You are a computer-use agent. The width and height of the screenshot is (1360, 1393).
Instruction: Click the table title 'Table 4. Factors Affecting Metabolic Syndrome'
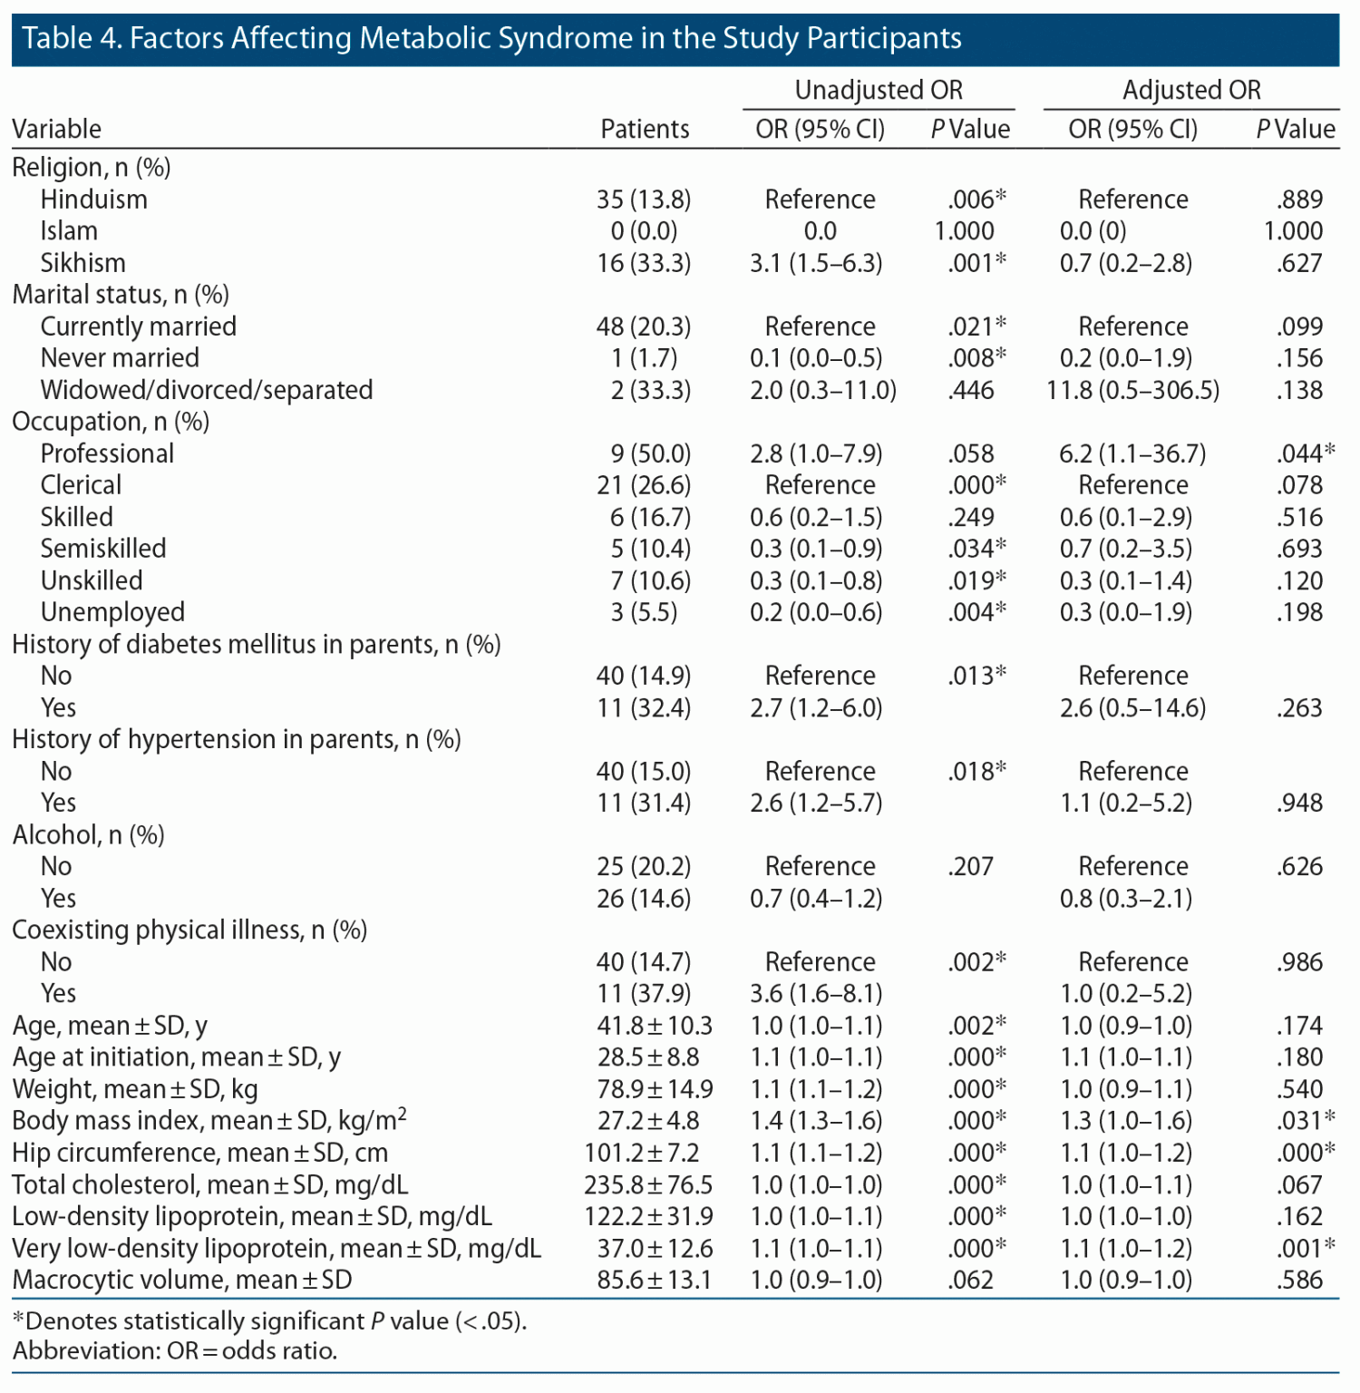coord(491,38)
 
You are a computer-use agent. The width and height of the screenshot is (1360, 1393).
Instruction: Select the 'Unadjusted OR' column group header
coord(878,90)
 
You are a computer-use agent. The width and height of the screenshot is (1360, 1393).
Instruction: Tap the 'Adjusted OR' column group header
coord(1190,90)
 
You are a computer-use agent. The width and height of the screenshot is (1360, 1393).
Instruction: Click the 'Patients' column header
coord(645,129)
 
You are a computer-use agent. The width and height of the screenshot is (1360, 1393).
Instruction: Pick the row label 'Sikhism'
coord(83,263)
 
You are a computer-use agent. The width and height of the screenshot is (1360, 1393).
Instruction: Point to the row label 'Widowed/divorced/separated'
coord(207,390)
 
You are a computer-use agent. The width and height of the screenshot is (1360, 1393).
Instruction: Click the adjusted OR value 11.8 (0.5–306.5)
coord(1132,390)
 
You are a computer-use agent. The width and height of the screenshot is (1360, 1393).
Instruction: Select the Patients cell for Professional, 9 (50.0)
coord(649,453)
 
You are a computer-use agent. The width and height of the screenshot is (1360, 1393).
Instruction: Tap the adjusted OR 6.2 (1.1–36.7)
coord(1132,453)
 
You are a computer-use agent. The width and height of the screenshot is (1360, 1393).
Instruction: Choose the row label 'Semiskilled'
coord(103,549)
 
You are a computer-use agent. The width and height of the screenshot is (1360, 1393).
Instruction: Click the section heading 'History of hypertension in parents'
coord(236,740)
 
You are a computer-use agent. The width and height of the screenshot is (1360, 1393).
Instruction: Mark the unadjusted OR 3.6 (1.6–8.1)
coord(816,993)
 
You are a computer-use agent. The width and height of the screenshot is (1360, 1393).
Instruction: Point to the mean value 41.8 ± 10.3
coord(655,1026)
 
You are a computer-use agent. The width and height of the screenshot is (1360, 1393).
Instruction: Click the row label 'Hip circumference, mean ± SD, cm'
coord(199,1153)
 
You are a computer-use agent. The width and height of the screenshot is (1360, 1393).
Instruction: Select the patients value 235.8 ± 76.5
coord(648,1184)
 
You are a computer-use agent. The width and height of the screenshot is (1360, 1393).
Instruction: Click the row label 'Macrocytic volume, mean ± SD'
coord(181,1280)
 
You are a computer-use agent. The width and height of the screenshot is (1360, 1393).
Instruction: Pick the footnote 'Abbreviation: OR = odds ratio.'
coord(175,1350)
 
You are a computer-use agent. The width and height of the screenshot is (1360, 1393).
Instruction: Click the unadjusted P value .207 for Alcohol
coord(970,866)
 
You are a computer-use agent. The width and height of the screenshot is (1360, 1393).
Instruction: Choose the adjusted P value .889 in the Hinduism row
coord(1299,200)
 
